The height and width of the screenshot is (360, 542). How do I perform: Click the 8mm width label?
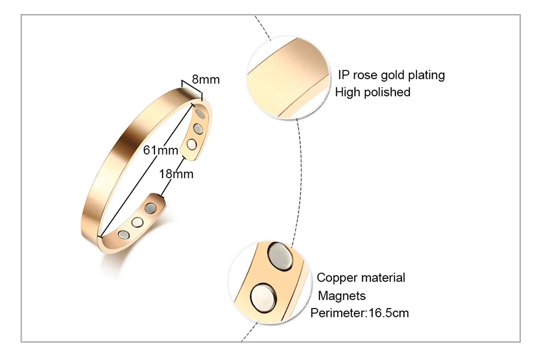206,80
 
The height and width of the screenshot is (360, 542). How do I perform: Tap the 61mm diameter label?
160,150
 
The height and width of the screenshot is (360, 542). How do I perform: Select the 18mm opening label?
177,174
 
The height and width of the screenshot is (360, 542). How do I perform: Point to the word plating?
426,75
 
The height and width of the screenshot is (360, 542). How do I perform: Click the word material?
382,278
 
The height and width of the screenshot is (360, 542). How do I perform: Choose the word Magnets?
342,296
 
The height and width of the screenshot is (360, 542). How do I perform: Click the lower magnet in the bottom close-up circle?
264,298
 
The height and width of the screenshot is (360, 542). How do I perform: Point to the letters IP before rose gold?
344,75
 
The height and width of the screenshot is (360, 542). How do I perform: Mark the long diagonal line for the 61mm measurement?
146,168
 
